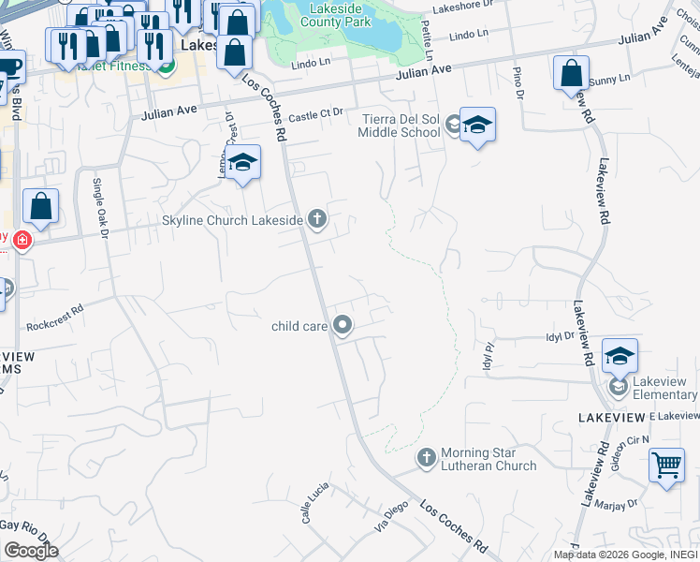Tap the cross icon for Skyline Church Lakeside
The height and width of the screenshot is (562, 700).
pyautogui.click(x=317, y=220)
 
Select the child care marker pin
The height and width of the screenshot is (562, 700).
pyautogui.click(x=343, y=326)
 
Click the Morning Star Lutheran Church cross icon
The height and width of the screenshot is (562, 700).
pyautogui.click(x=427, y=456)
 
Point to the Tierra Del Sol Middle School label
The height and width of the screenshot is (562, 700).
pyautogui.click(x=399, y=126)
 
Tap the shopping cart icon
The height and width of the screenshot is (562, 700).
pyautogui.click(x=666, y=464)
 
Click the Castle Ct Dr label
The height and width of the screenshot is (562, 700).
pyautogui.click(x=315, y=116)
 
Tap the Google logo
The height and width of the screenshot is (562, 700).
pyautogui.click(x=30, y=550)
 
